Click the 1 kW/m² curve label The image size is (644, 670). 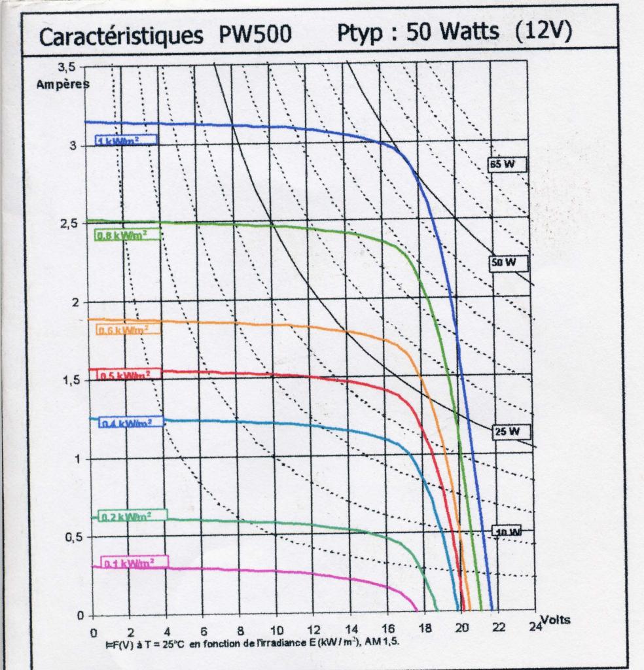click(127, 140)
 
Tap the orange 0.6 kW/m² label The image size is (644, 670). click(128, 330)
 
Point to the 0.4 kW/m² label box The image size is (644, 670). click(130, 423)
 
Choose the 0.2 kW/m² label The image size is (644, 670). click(132, 516)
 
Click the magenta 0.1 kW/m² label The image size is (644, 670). click(134, 562)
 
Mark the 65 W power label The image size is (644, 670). click(506, 165)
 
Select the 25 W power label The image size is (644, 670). click(510, 431)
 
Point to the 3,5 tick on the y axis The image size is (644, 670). click(67, 66)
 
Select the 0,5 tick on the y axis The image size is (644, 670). click(68, 537)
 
